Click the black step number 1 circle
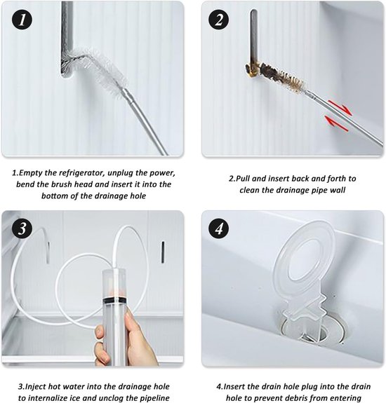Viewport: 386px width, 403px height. [x=22, y=20]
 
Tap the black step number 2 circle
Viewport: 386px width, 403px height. [x=219, y=20]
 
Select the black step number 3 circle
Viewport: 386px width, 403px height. [x=22, y=228]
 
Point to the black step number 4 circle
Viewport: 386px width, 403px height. [x=219, y=228]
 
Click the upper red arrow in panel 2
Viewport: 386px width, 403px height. [x=340, y=108]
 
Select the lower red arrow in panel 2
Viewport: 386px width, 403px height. [x=337, y=124]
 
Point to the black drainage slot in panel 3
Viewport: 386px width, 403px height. [x=163, y=252]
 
